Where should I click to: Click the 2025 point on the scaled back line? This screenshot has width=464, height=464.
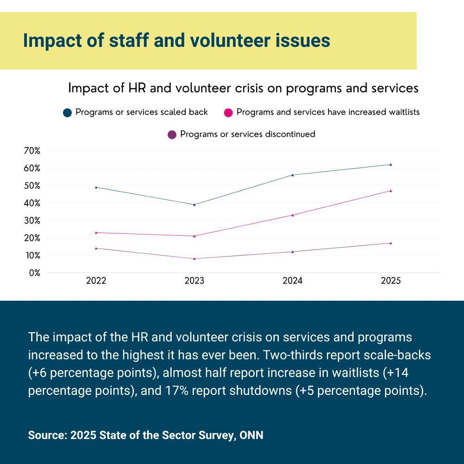391,164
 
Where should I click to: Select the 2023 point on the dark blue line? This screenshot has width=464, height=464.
194,205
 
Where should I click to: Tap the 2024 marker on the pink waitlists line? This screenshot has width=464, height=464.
292,215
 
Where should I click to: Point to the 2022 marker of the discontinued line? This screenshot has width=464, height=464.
96,248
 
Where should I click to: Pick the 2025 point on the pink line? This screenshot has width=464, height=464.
391,191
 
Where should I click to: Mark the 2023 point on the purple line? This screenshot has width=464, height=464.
194,258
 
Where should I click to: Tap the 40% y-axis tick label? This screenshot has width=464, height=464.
32,203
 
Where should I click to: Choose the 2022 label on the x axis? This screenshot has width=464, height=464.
96,281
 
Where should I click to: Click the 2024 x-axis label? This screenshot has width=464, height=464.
292,281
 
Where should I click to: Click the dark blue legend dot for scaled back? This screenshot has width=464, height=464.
67,113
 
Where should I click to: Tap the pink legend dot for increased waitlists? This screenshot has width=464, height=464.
228,113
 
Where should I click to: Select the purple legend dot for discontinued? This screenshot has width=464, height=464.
172,135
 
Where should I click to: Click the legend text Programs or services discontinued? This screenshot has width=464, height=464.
247,135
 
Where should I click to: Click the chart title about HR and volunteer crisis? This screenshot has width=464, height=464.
243,88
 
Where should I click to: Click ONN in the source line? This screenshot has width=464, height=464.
251,436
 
